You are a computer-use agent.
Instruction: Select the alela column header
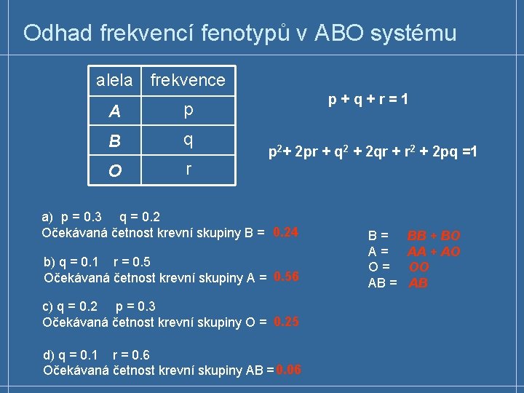pyautogui.click(x=114, y=80)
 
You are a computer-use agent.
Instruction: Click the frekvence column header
pyautogui.click(x=188, y=80)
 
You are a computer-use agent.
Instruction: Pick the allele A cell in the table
pyautogui.click(x=114, y=111)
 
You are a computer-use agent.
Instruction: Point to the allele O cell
pyautogui.click(x=114, y=171)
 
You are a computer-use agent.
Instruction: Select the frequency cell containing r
pyautogui.click(x=188, y=170)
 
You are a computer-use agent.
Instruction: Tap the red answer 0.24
pyautogui.click(x=286, y=232)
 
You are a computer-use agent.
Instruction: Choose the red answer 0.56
pyautogui.click(x=286, y=277)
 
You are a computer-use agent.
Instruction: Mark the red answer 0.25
pyautogui.click(x=286, y=322)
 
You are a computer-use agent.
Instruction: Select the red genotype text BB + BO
pyautogui.click(x=434, y=236)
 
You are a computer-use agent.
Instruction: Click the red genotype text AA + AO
pyautogui.click(x=434, y=252)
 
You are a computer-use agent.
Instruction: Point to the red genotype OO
pyautogui.click(x=419, y=267)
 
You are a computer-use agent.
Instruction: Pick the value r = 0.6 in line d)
pyautogui.click(x=132, y=355)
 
